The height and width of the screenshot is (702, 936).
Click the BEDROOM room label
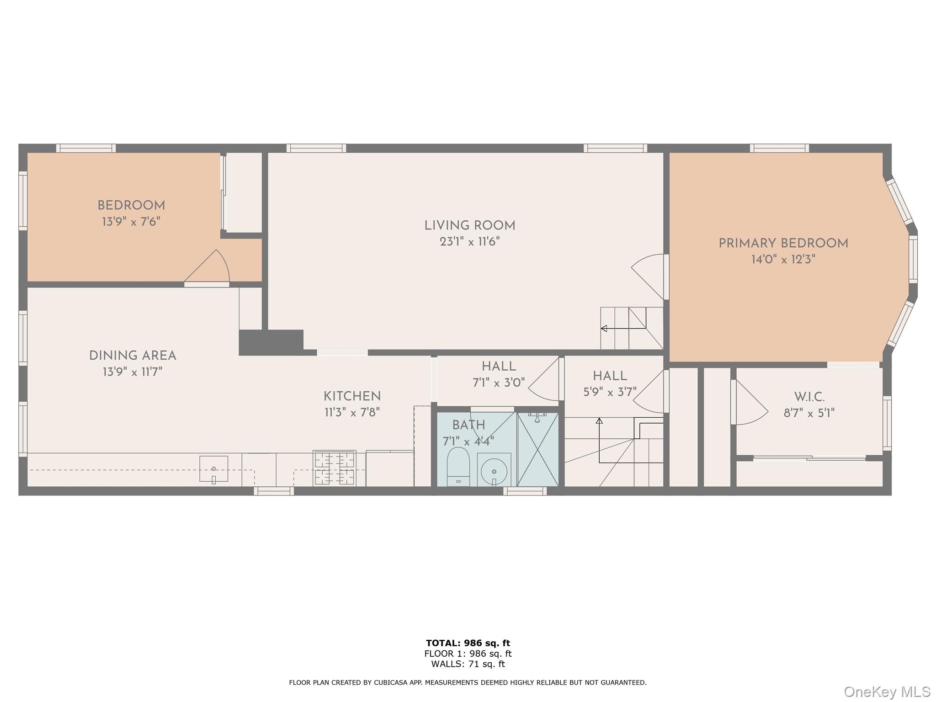point(131,206)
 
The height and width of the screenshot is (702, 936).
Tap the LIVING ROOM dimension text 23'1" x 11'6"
point(469,242)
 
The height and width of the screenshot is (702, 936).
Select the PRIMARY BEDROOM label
point(783,244)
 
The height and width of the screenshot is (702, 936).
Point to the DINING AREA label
point(133,356)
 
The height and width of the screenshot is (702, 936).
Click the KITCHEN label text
point(352,396)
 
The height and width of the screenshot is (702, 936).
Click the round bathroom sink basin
point(494,471)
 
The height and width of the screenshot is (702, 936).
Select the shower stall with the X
point(537,449)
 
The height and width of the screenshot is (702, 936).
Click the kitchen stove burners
point(334,468)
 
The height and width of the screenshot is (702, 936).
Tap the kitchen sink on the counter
point(213,468)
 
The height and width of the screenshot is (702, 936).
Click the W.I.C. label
point(809,397)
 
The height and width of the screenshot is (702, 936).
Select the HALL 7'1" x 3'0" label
point(499,374)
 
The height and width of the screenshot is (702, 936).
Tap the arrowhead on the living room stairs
point(604,328)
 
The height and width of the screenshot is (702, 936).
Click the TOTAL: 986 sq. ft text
point(468,643)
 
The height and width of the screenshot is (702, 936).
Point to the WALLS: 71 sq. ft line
point(468,664)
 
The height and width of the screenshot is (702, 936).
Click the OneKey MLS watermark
point(887,691)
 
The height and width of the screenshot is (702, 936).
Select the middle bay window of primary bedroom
point(913,259)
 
